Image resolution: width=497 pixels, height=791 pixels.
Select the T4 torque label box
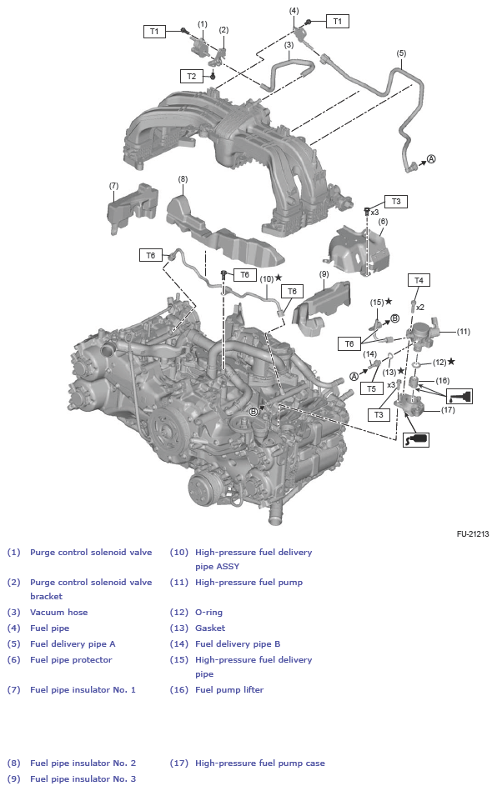click(x=419, y=280)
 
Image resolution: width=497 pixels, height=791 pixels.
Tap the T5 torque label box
click(x=371, y=388)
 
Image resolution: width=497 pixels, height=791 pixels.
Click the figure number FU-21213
click(x=472, y=533)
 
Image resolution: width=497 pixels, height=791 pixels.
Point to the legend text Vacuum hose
click(x=58, y=612)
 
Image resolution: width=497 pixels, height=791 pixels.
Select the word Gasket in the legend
click(x=210, y=628)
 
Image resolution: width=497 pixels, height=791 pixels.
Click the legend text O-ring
click(x=208, y=612)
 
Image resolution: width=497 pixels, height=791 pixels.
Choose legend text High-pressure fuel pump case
click(x=259, y=763)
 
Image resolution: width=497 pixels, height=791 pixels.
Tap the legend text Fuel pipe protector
click(x=71, y=659)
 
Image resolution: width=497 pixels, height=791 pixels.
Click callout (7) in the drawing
click(x=113, y=185)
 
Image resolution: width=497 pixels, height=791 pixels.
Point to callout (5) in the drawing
click(x=401, y=53)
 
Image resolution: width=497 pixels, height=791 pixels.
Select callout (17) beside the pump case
click(x=448, y=409)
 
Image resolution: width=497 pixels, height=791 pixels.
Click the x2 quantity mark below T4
click(x=420, y=308)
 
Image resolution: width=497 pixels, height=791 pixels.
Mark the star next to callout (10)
click(x=279, y=278)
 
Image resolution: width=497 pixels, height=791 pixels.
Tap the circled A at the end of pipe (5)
click(x=431, y=158)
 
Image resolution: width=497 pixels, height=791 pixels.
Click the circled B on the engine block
click(x=254, y=412)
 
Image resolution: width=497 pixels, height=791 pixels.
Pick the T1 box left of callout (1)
click(x=154, y=31)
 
